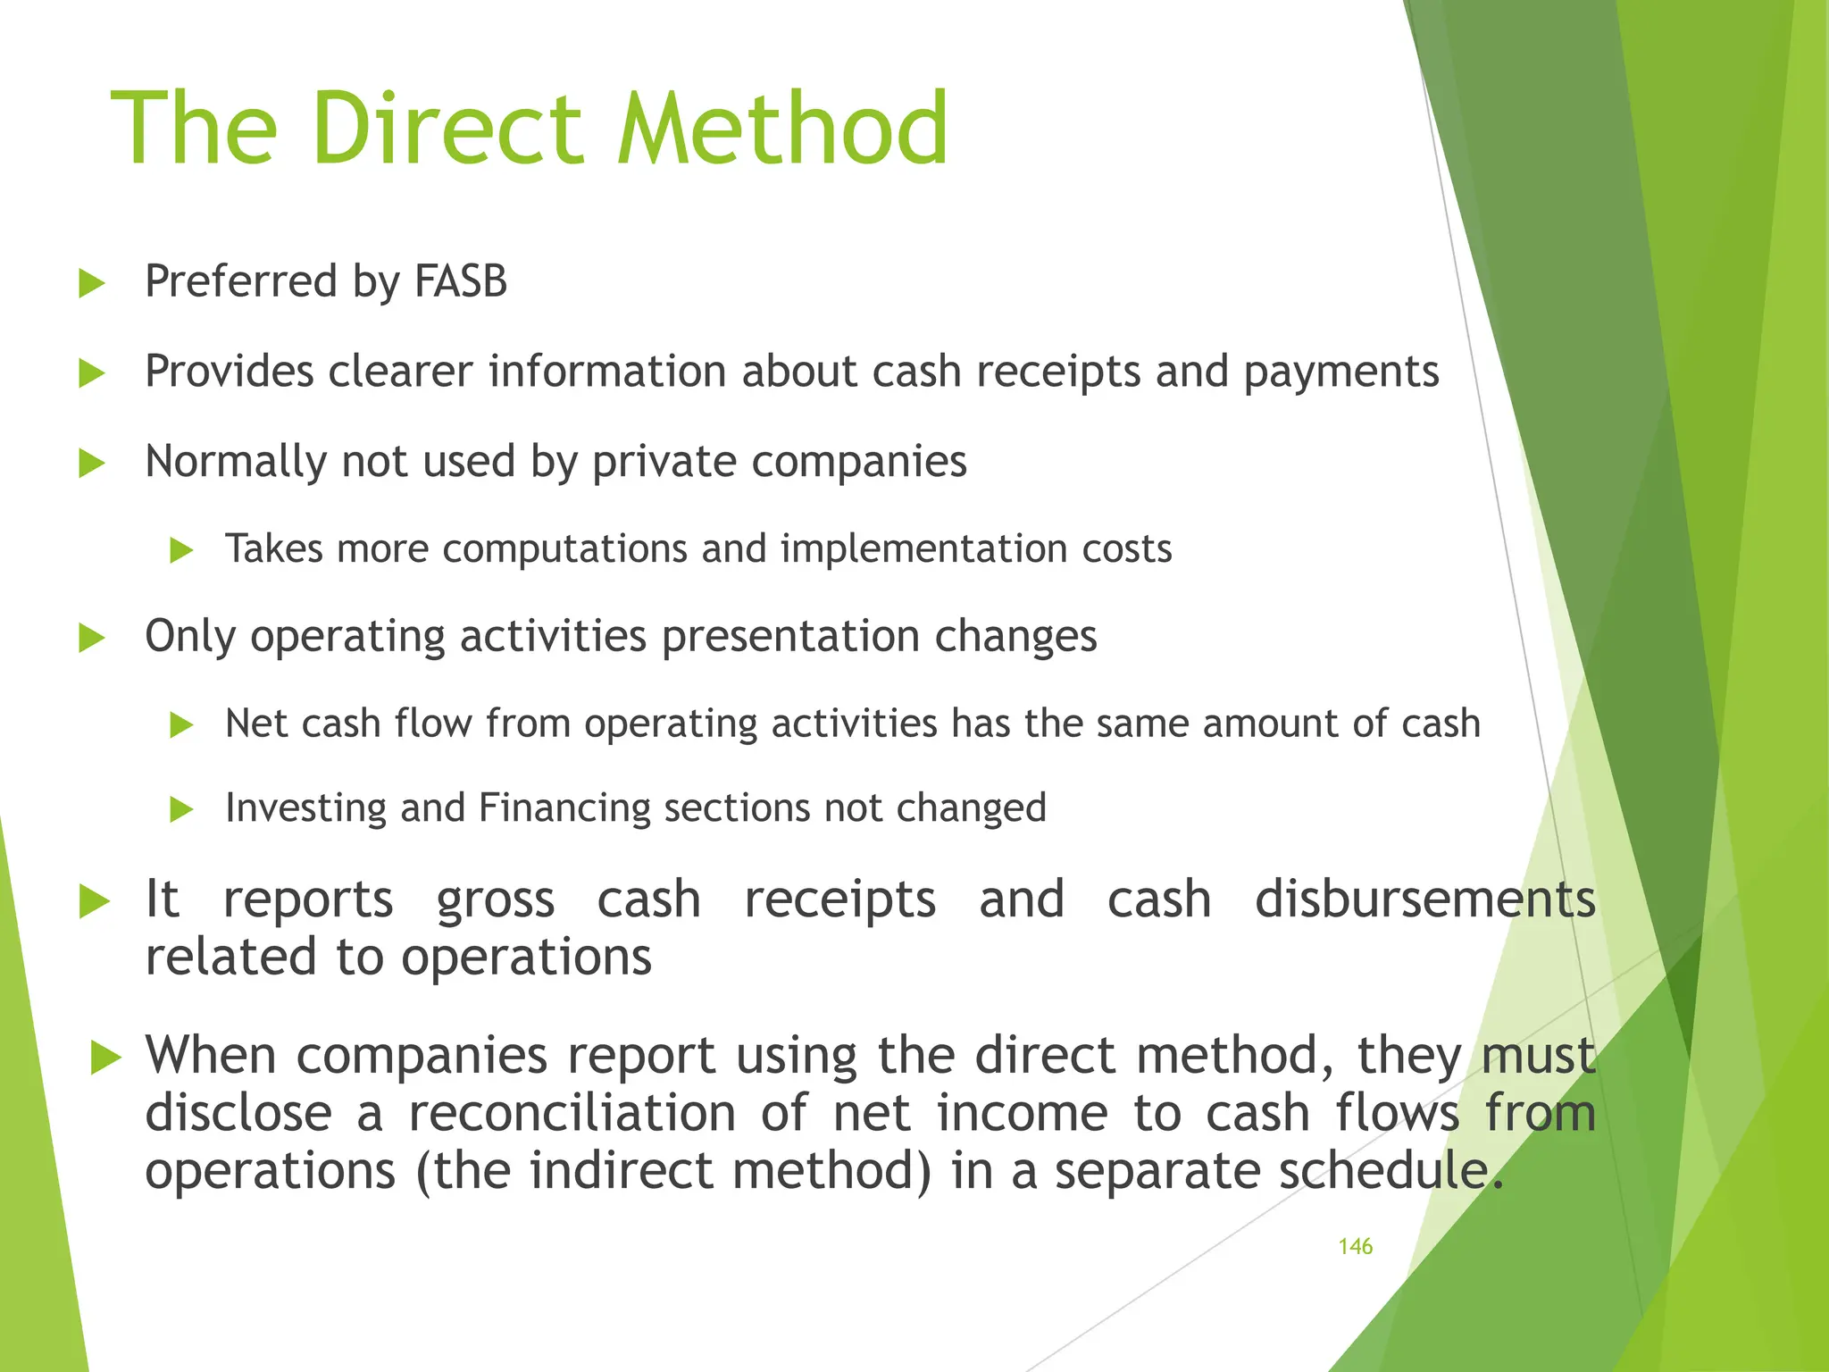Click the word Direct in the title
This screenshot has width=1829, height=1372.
tap(447, 130)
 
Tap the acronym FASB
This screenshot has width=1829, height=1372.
tap(460, 281)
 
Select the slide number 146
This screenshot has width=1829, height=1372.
tap(1355, 1247)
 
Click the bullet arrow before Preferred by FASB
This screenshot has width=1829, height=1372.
tap(91, 284)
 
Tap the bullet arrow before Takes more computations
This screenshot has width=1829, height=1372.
tap(181, 550)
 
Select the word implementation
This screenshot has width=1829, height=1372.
tap(923, 548)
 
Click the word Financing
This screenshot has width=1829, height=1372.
tap(564, 808)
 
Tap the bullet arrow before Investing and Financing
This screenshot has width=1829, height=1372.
tap(181, 810)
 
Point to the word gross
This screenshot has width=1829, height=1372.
tap(495, 900)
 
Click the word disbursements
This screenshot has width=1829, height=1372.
tap(1424, 899)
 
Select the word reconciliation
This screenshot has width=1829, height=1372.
tap(572, 1113)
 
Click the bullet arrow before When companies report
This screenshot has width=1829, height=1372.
tap(105, 1059)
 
